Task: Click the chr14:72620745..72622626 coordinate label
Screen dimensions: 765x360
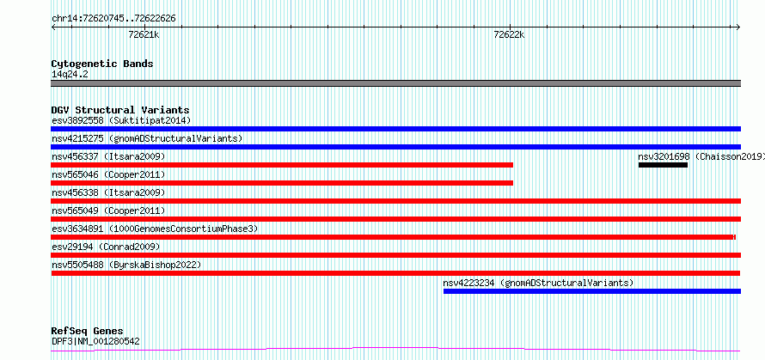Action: (x=113, y=19)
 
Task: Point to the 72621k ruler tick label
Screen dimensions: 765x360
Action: (x=144, y=34)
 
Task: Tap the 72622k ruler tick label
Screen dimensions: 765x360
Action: (x=509, y=34)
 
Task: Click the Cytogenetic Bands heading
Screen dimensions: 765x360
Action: (x=102, y=64)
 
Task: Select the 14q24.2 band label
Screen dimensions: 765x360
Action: (x=70, y=75)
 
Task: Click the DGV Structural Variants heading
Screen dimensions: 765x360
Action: (x=120, y=110)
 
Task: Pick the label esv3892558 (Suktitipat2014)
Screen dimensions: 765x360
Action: (x=121, y=120)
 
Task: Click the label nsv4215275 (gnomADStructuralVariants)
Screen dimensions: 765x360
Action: (x=147, y=138)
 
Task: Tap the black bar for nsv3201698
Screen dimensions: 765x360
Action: (x=663, y=165)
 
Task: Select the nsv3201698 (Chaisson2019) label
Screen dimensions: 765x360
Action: (x=701, y=156)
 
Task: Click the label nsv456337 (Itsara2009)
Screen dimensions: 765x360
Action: (x=108, y=156)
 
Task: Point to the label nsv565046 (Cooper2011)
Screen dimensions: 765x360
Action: (x=108, y=174)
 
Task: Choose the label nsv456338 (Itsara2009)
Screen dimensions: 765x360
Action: (x=108, y=192)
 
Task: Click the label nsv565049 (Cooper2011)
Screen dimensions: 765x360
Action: (x=108, y=211)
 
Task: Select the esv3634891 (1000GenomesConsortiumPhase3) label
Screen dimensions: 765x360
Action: (x=155, y=229)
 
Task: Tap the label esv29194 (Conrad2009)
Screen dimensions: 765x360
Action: (x=106, y=247)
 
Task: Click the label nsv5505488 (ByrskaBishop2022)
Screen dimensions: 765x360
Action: (x=126, y=265)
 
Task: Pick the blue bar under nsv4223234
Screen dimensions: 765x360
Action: (x=592, y=291)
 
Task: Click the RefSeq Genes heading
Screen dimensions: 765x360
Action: (x=87, y=332)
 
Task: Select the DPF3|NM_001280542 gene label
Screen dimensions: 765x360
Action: (x=95, y=341)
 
